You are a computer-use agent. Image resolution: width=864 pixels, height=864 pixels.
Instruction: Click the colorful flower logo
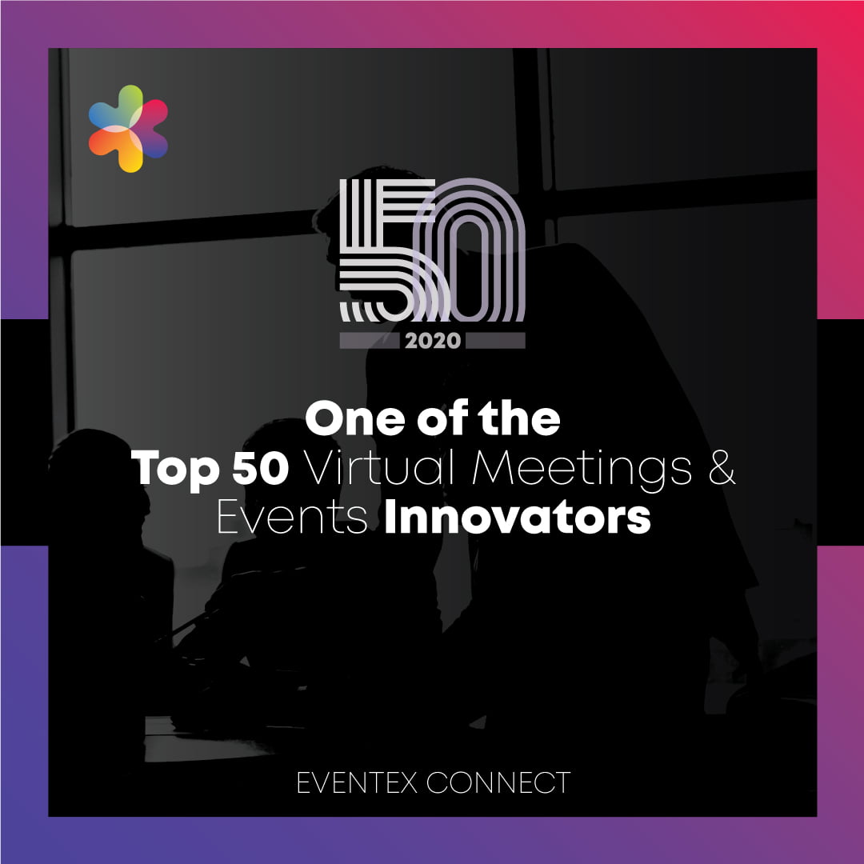coord(128,128)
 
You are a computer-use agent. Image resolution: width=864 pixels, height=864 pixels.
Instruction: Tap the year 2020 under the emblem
coord(433,341)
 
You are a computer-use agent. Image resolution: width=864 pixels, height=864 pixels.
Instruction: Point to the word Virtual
coord(381,467)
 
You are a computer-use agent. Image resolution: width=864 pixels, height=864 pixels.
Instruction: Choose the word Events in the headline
coord(292,516)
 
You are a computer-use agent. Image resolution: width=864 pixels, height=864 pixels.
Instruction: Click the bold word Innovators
coord(518,516)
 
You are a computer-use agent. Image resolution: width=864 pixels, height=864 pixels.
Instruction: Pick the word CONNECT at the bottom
coord(498,782)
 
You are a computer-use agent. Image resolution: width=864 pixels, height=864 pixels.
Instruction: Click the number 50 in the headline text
coord(260,468)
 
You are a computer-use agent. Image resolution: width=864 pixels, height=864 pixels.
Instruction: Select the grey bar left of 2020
coord(369,341)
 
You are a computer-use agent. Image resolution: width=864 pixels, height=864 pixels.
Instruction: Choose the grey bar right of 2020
coord(495,341)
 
